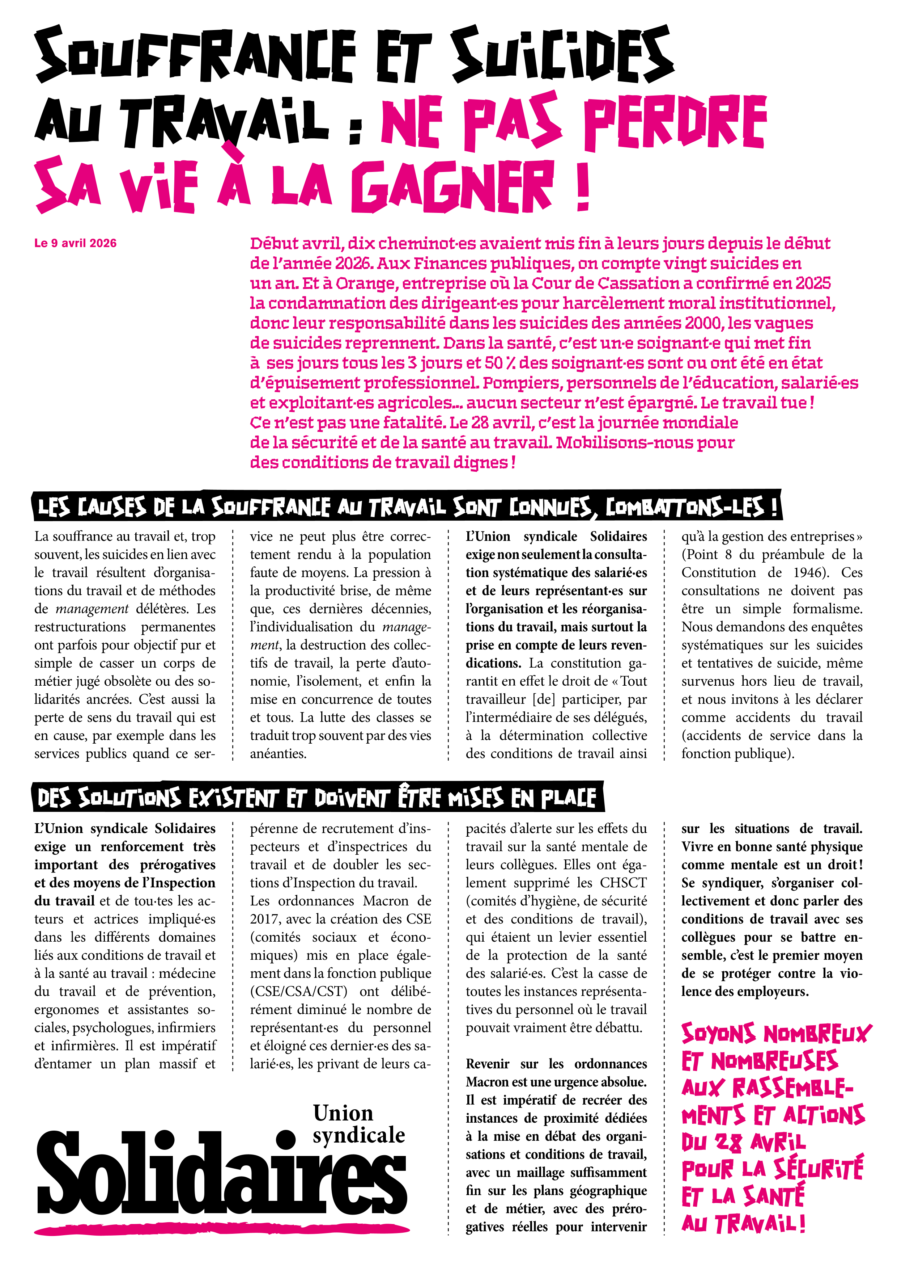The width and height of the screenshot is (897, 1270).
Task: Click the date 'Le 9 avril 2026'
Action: point(75,243)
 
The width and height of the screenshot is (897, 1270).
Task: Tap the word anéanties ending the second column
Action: point(278,754)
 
